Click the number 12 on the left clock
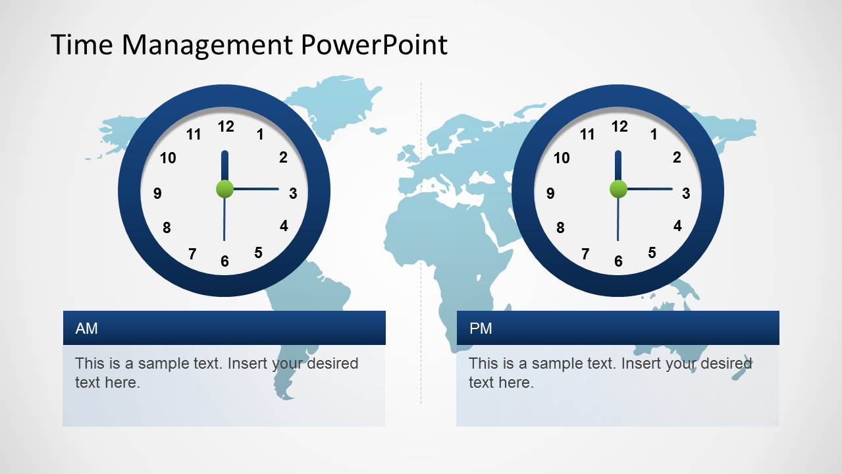[226, 126]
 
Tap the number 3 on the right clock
[686, 194]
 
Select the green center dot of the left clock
[224, 189]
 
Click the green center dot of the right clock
[618, 189]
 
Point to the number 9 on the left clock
[157, 194]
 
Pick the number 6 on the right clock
[618, 261]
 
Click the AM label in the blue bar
[86, 328]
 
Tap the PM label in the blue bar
[481, 328]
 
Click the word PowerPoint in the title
[375, 45]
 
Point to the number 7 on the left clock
[192, 254]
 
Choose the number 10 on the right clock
[562, 158]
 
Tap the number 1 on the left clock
[260, 135]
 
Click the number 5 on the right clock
[652, 253]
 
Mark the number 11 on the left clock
[194, 135]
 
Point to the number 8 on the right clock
[560, 228]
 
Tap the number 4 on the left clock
[284, 226]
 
